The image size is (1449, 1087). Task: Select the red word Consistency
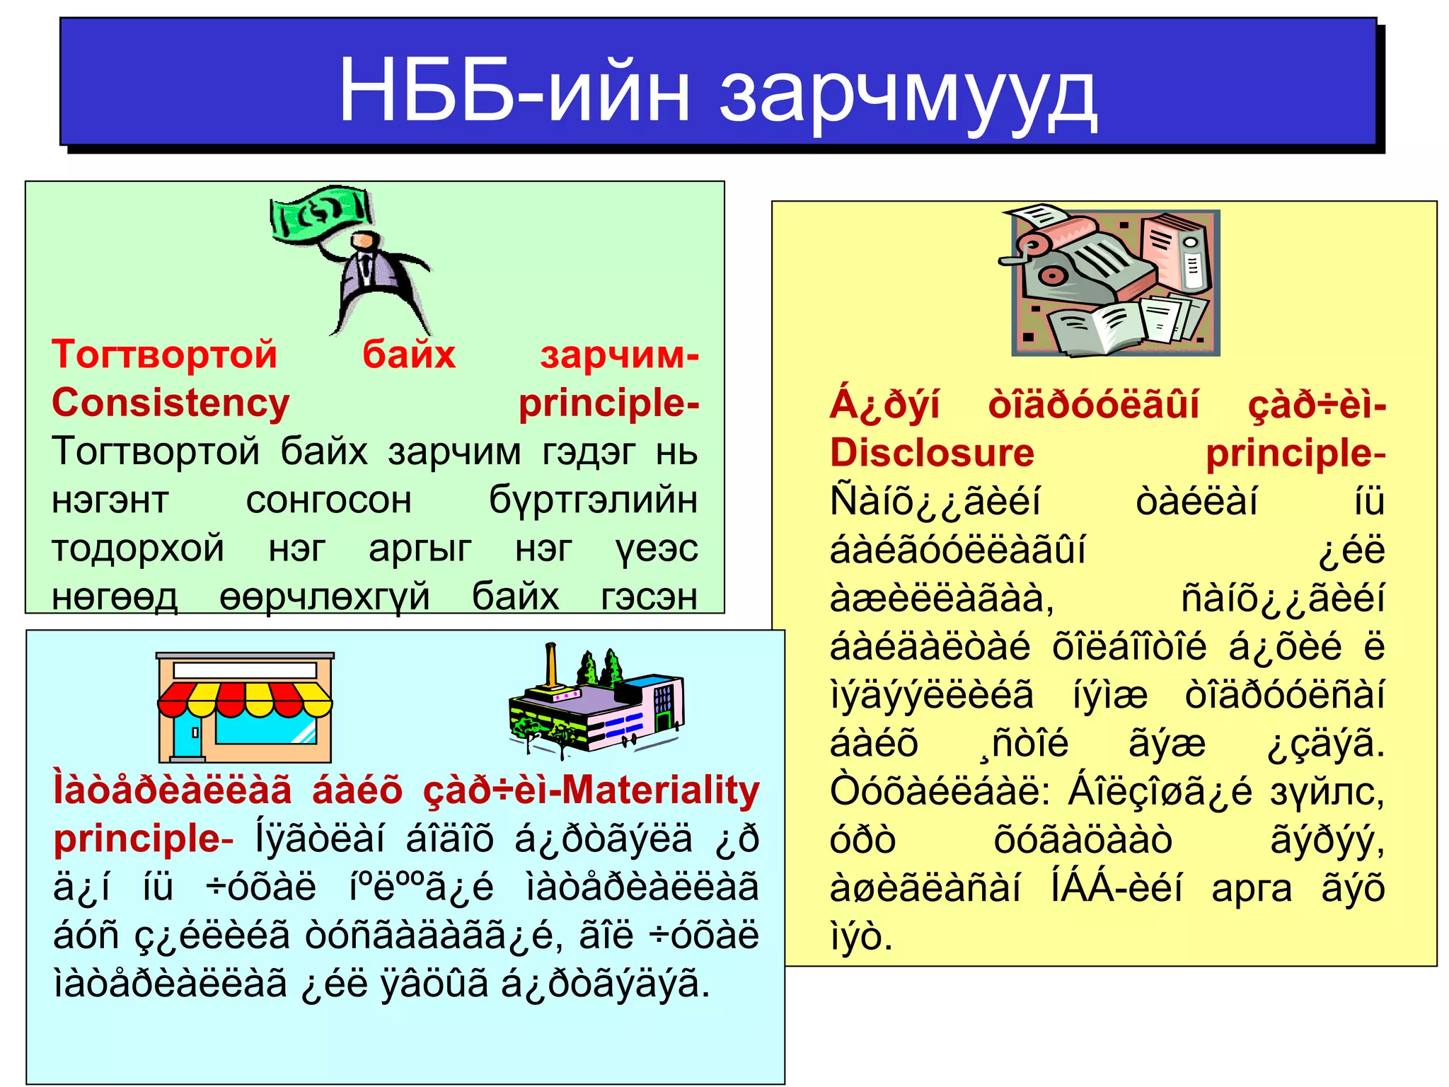[171, 403]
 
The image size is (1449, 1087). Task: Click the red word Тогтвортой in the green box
[164, 355]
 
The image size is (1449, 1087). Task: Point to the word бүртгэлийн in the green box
[593, 500]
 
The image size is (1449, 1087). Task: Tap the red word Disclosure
[932, 453]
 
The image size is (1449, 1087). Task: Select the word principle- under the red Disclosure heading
[1295, 453]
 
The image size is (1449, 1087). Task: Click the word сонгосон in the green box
[328, 500]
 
